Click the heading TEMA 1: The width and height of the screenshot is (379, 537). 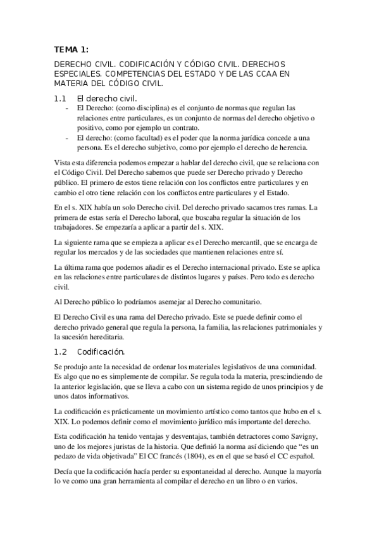(71, 50)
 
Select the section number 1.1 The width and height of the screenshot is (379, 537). (60, 98)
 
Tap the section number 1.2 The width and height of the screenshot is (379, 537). (60, 351)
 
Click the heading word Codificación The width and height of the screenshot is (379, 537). (101, 351)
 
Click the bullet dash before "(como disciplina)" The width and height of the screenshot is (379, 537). (67, 108)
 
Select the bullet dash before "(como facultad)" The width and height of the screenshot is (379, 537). (67, 138)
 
